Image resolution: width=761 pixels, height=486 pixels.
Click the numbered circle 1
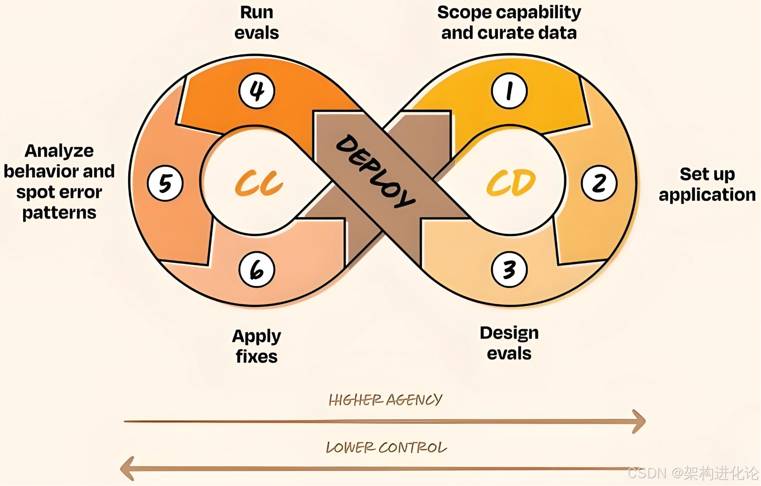[x=509, y=91]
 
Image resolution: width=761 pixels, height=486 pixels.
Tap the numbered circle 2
[x=599, y=183]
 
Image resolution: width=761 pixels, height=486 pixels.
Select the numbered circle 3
[x=509, y=270]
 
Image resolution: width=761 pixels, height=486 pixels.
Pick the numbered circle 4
[x=257, y=91]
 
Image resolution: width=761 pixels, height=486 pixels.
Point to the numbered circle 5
[x=165, y=183]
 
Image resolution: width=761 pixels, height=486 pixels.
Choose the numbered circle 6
[x=257, y=270]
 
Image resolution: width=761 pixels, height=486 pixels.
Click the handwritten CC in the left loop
[x=259, y=183]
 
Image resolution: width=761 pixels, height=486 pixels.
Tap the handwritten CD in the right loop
[x=511, y=183]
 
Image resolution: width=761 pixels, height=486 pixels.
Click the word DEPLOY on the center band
[x=375, y=171]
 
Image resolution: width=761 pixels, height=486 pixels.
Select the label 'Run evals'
[x=257, y=23]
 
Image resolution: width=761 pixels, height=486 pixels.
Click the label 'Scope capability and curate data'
[x=509, y=23]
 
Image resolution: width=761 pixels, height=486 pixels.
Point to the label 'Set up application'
[x=707, y=184]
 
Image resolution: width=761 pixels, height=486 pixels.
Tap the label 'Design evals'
[x=509, y=343]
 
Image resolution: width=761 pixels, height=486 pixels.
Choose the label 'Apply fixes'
[x=257, y=346]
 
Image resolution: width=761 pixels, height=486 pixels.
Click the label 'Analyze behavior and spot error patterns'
[x=59, y=182]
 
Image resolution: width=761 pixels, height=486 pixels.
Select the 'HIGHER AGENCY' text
[x=385, y=400]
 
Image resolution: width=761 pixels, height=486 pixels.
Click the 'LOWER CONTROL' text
[x=386, y=448]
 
